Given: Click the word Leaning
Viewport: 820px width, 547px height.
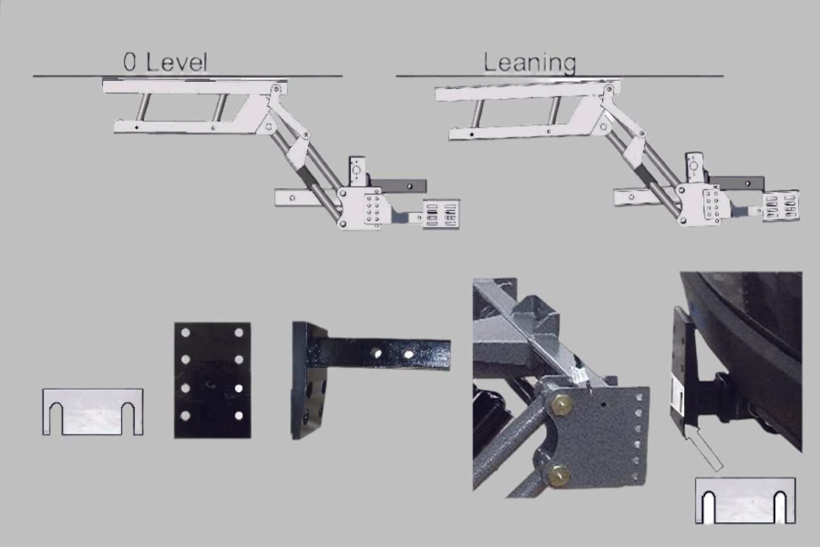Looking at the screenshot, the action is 529,63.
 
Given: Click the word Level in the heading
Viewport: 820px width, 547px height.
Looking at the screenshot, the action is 177,62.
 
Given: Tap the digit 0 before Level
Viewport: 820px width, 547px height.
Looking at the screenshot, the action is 129,62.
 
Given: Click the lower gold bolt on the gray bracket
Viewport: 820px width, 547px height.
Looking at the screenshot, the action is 560,476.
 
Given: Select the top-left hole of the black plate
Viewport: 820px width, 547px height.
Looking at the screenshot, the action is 186,333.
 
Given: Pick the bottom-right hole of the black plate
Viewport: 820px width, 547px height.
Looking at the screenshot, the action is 239,415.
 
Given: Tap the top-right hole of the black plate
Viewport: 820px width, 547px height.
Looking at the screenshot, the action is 239,333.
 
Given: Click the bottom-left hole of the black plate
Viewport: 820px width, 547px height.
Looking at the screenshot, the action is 186,415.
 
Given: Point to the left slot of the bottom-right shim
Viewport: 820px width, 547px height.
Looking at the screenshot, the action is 709,507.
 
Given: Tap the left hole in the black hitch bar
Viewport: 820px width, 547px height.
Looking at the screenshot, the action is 376,354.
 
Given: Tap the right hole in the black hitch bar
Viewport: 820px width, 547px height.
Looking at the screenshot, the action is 409,354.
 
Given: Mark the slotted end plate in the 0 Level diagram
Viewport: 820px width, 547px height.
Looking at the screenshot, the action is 441,214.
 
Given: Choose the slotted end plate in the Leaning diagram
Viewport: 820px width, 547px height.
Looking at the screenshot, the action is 781,205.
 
